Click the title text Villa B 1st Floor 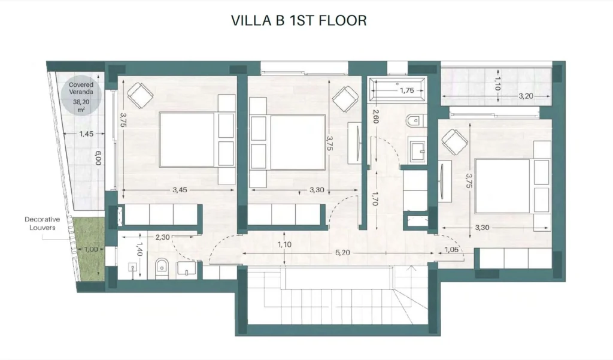[299, 20]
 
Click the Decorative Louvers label [43, 223]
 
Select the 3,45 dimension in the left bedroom [180, 190]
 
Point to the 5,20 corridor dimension [342, 253]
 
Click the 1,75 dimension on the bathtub [406, 90]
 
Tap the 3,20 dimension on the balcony [526, 96]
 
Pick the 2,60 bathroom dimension [376, 116]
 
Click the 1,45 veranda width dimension [86, 134]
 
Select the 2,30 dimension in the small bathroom [163, 237]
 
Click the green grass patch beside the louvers [91, 249]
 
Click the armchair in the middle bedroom [345, 99]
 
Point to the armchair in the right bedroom [455, 142]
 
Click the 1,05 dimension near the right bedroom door [451, 250]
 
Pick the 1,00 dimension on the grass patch [92, 249]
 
